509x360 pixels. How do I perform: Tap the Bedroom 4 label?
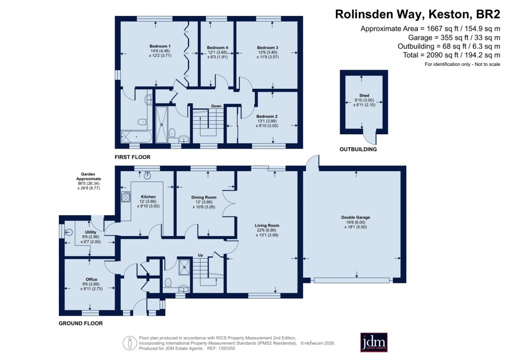[x=217, y=48]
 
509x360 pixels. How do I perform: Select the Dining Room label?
[x=204, y=197]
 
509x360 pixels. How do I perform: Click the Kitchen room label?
[x=149, y=197]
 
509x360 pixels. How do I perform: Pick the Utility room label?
[x=91, y=232]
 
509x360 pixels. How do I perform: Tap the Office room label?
[x=91, y=279]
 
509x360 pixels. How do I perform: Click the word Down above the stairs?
[x=216, y=106]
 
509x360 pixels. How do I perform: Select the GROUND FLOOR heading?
[x=80, y=324]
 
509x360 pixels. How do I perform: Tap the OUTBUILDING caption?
[x=358, y=149]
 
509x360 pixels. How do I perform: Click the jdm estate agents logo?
[x=374, y=342]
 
